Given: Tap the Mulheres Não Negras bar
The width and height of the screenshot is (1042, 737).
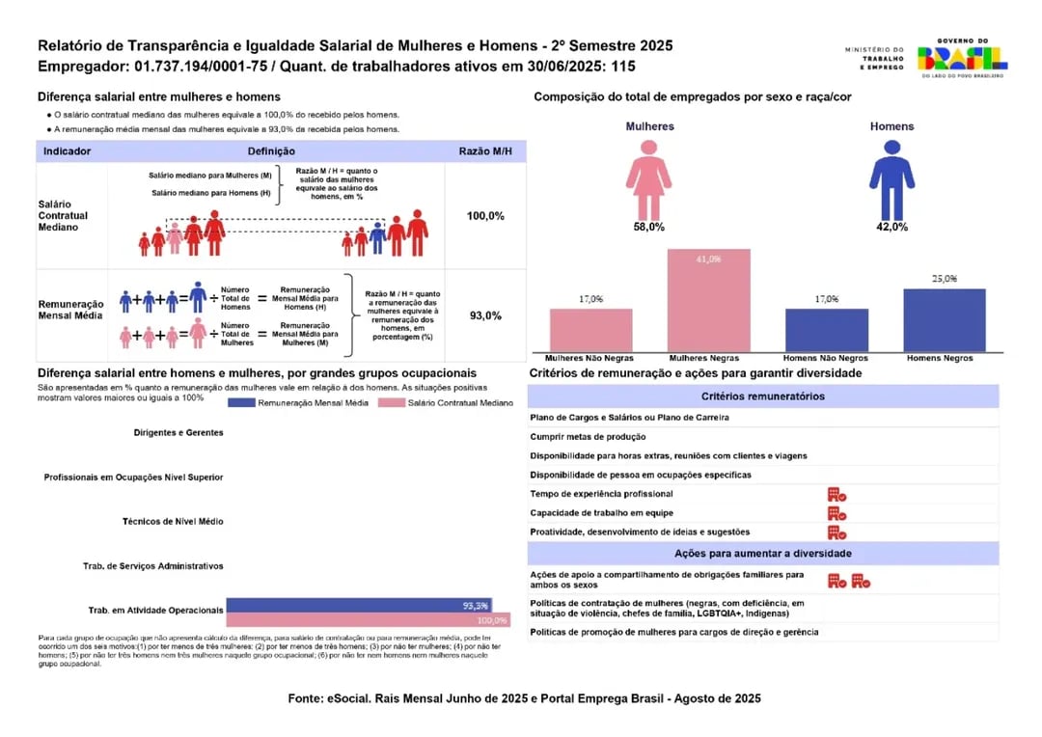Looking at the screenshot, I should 591,330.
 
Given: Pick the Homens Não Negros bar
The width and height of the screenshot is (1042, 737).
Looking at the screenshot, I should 827,330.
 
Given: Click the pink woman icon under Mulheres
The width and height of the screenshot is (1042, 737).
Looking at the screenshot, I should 648,178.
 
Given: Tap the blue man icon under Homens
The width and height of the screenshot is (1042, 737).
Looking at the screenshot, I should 891,178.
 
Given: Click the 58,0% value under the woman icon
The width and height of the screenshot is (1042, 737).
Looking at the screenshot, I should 648,227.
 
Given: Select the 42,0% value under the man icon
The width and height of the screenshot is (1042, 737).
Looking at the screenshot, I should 891,227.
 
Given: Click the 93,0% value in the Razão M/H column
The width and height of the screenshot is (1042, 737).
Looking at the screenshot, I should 485,315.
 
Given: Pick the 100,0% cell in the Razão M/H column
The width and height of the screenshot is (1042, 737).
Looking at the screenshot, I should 485,216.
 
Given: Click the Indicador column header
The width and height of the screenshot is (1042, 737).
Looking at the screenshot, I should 68,151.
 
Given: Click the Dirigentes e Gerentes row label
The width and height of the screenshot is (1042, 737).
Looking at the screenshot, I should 178,433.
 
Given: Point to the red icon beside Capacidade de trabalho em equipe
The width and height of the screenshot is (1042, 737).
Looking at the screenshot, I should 836,513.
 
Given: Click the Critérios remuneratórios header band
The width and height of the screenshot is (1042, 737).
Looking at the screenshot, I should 762,396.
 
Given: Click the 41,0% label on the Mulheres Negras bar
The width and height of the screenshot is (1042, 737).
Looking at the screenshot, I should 709,259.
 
